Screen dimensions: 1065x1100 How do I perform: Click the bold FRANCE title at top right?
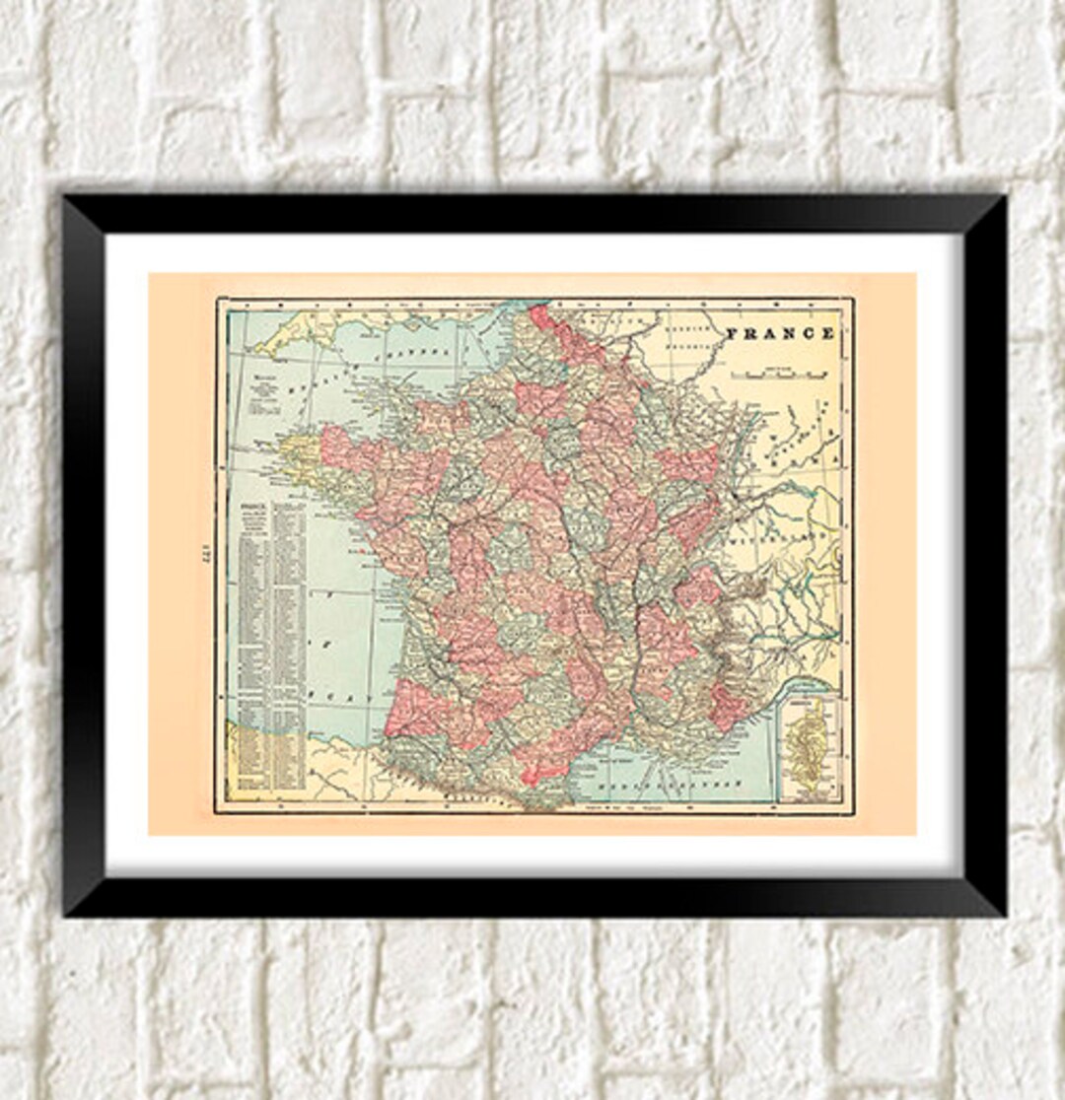(x=780, y=333)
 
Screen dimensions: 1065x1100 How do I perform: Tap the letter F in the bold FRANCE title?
(x=732, y=333)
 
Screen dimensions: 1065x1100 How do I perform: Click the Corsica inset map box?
(x=809, y=746)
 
